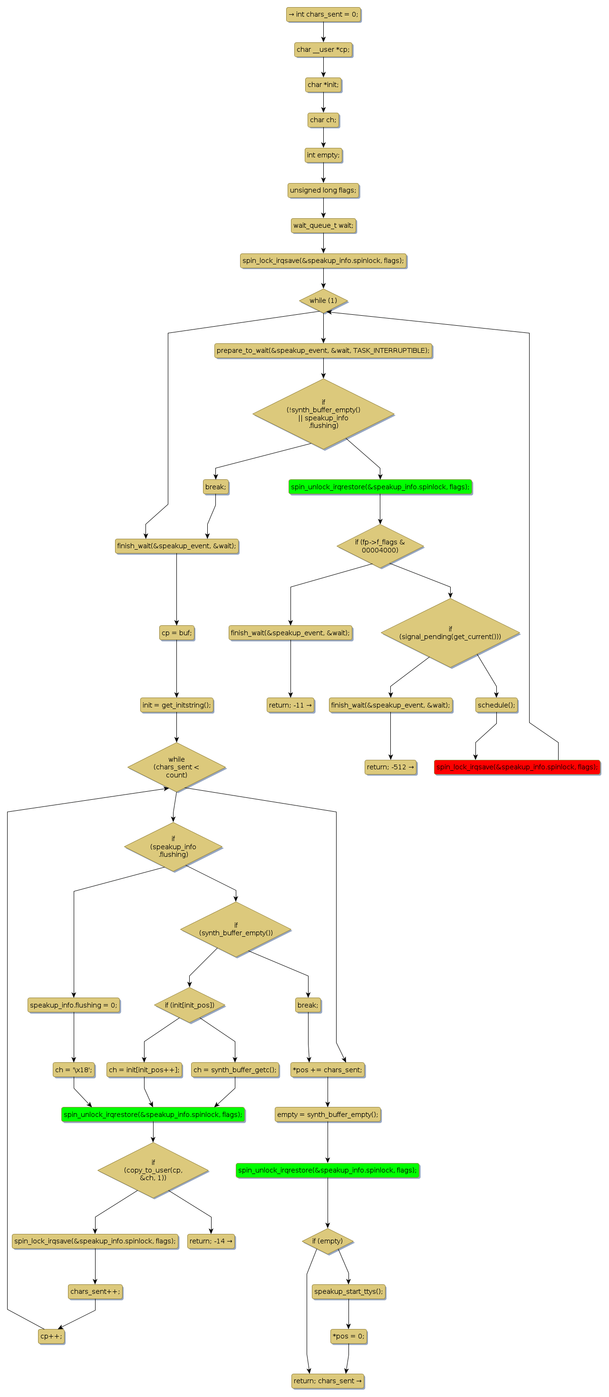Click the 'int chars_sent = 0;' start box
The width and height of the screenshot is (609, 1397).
323,15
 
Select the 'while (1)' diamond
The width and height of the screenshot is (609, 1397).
323,301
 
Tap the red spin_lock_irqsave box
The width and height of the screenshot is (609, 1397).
517,767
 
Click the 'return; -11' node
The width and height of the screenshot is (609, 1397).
290,705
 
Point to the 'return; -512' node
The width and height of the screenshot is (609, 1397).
390,767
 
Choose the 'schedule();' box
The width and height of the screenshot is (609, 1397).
496,705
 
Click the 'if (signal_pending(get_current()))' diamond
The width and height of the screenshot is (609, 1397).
450,633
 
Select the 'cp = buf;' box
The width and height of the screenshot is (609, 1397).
176,633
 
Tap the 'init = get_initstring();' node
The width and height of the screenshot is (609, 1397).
176,705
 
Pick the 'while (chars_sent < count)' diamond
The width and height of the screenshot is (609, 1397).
176,767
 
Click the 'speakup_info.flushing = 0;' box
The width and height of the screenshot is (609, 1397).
74,1005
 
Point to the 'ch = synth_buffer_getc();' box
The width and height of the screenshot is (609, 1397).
235,1069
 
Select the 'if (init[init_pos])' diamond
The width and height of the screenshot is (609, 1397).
189,1005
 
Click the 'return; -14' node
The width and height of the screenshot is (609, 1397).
211,1241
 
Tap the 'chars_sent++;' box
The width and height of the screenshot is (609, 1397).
95,1291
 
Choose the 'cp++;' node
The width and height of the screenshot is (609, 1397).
51,1336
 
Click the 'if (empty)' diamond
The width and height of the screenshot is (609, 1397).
328,1241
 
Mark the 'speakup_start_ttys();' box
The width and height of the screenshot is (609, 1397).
348,1291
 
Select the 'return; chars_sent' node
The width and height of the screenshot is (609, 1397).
328,1381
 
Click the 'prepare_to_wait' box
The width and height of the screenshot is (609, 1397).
323,350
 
